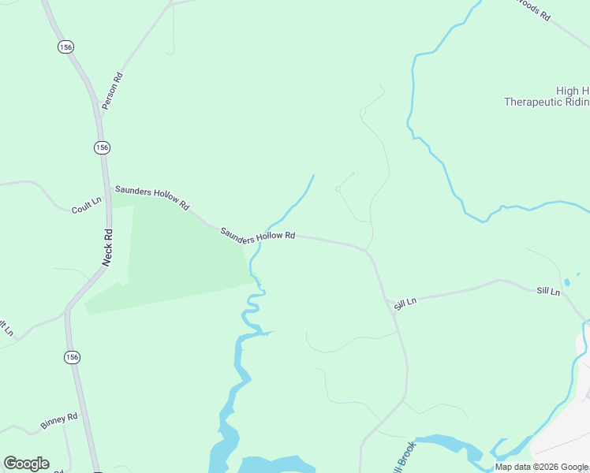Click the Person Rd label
click(112, 91)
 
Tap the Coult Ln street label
click(87, 206)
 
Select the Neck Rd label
click(108, 247)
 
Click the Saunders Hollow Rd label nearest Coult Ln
click(152, 197)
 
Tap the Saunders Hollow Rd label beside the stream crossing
click(257, 234)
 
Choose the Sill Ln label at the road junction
click(405, 303)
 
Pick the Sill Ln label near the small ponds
click(548, 292)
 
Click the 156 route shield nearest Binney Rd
click(73, 357)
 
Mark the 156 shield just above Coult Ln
click(102, 147)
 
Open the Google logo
click(26, 464)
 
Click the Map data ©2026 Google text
click(541, 467)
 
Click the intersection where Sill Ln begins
click(387, 300)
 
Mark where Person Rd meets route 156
click(98, 117)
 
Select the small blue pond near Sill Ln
click(566, 282)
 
